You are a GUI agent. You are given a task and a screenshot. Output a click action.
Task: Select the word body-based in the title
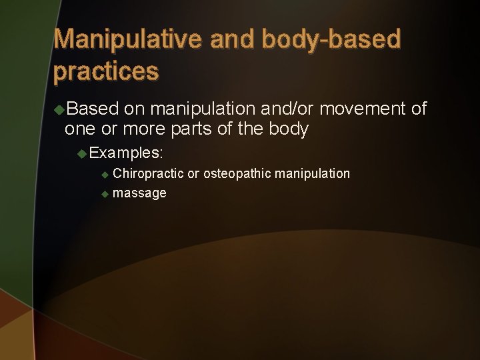click(x=331, y=40)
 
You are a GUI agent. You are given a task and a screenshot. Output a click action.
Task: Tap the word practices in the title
click(x=106, y=71)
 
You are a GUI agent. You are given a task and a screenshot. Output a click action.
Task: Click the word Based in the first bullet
click(x=93, y=109)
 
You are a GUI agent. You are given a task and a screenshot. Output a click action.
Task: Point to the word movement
click(x=364, y=109)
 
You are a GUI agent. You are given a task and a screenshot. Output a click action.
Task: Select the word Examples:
click(x=126, y=153)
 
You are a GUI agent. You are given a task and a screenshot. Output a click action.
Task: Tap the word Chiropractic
click(x=148, y=174)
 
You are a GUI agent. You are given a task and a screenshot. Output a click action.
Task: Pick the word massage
click(x=139, y=193)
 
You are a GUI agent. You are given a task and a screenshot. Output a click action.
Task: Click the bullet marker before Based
click(x=59, y=109)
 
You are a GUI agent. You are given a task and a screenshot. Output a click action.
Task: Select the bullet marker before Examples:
click(x=82, y=153)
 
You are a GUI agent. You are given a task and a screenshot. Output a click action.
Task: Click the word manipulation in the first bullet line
click(x=201, y=109)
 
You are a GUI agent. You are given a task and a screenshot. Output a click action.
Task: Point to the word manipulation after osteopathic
click(x=312, y=174)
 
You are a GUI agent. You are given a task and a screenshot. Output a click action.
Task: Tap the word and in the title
click(x=233, y=40)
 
